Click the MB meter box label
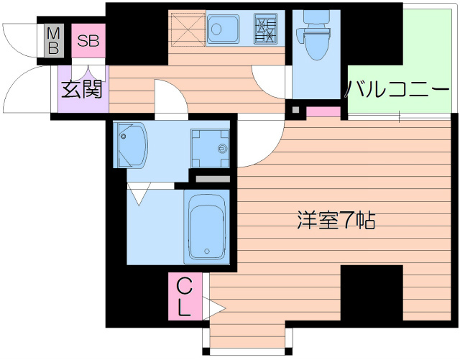coord(54,40)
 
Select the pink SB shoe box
coord(88,41)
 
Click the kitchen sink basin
coord(223,29)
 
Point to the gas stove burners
coord(265,29)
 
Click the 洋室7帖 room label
coord(336,220)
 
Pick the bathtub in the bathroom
coord(206,226)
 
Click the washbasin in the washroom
coord(131,145)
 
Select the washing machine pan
coord(210,148)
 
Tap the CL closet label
coord(185,297)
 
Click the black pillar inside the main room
coord(372,292)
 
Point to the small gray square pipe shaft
coord(296,111)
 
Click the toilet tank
coord(316,19)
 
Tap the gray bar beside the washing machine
coord(213,179)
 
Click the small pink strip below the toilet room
coord(323,112)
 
